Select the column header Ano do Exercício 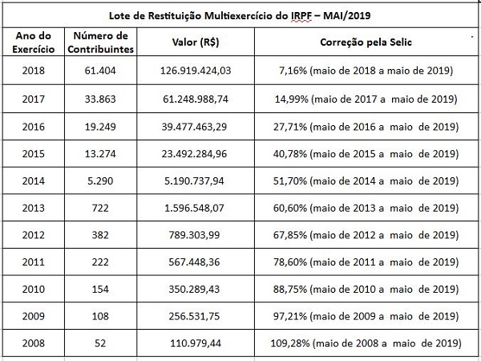coord(33,43)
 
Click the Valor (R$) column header coord(195,43)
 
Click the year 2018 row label coord(33,71)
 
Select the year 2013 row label coord(33,208)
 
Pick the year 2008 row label coord(33,343)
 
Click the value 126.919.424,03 coord(195,71)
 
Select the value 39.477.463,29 coord(195,126)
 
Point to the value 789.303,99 coord(195,235)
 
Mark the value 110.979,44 coord(195,343)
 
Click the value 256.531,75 coord(195,316)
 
